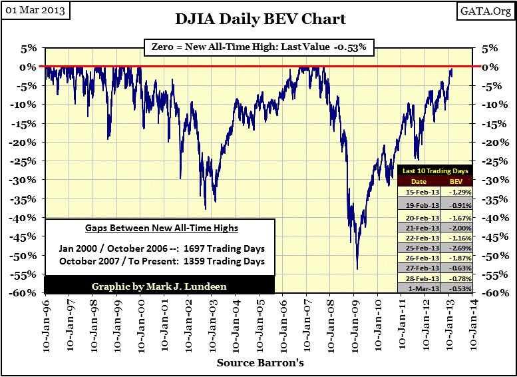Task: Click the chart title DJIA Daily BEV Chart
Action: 261,18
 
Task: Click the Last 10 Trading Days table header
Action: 435,171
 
